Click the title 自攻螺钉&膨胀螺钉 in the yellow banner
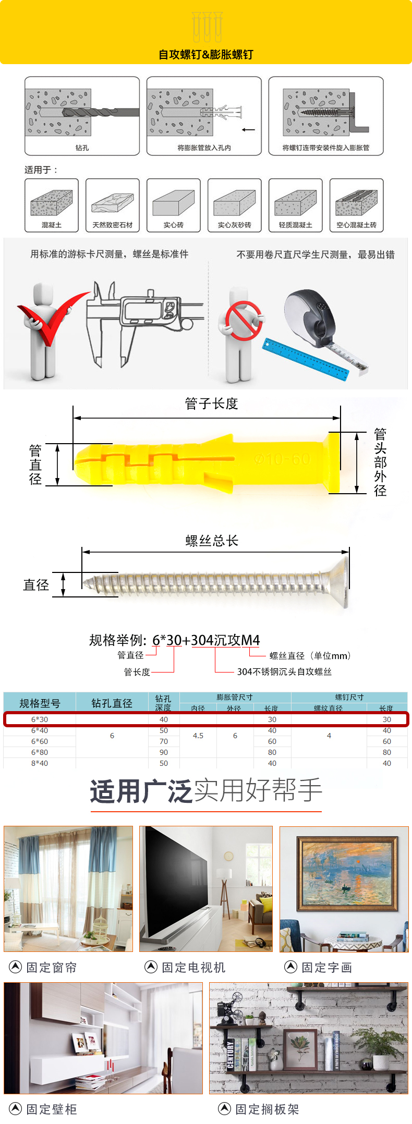click(x=206, y=55)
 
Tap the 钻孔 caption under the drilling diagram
click(x=82, y=148)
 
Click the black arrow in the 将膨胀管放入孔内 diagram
click(x=248, y=130)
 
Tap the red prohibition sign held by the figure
click(x=243, y=321)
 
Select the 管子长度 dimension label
click(x=211, y=404)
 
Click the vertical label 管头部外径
click(x=380, y=462)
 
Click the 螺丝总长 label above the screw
click(x=212, y=541)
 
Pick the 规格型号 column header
click(x=40, y=703)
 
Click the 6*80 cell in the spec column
click(x=40, y=752)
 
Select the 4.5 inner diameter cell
click(x=198, y=736)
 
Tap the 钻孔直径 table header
click(x=112, y=703)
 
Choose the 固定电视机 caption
click(x=193, y=968)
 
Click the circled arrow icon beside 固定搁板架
click(x=224, y=1108)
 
